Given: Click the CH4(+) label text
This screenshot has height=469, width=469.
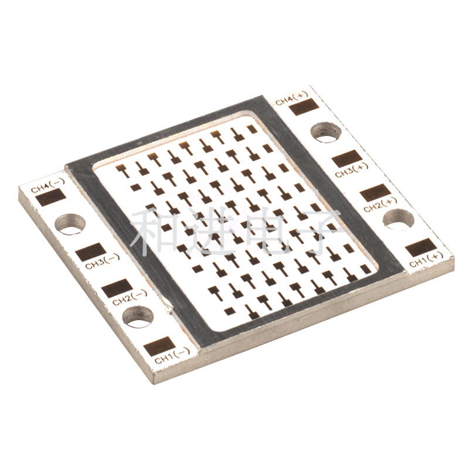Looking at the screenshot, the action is pyautogui.click(x=291, y=98).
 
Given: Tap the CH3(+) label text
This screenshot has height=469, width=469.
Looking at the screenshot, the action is pyautogui.click(x=352, y=171).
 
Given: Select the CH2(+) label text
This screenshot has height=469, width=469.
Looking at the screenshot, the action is pyautogui.click(x=380, y=205).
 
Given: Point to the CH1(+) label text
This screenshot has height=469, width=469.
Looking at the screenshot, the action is pyautogui.click(x=426, y=260).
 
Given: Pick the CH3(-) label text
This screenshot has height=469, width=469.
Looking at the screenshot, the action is pyautogui.click(x=103, y=261).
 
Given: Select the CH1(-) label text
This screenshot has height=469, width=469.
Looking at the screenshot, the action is pyautogui.click(x=172, y=356).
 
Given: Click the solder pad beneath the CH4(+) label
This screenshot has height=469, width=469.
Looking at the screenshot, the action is pyautogui.click(x=304, y=107).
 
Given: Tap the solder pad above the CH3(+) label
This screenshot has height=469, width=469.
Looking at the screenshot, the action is pyautogui.click(x=346, y=159).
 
